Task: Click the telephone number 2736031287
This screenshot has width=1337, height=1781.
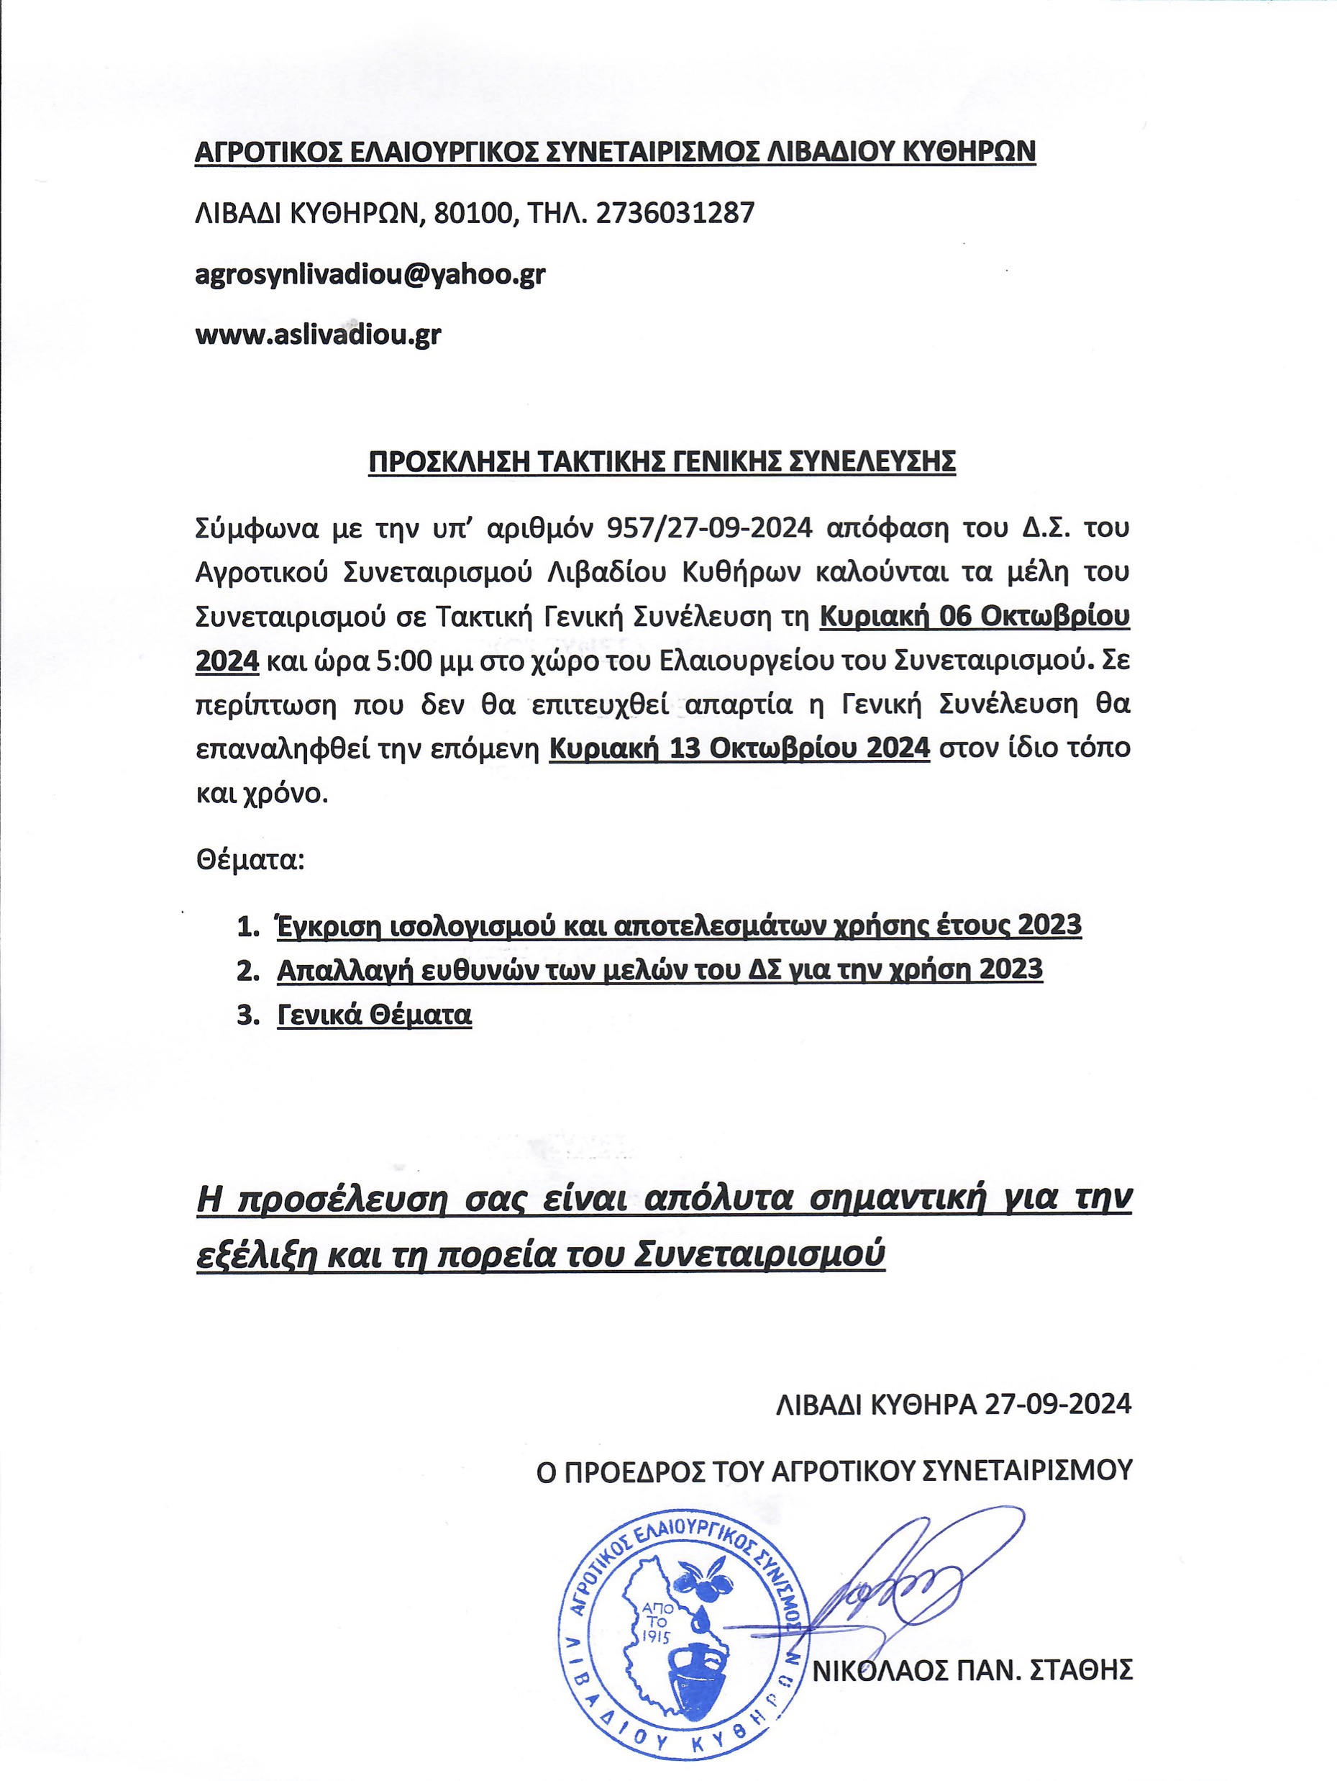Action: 676,214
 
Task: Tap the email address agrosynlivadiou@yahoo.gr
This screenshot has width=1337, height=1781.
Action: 370,275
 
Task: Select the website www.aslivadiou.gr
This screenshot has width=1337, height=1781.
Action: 318,335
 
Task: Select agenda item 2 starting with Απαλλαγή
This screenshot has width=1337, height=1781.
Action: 660,969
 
